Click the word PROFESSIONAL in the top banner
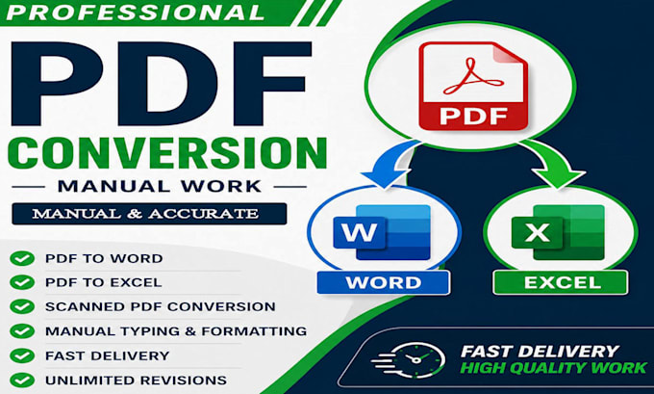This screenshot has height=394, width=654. coord(136,12)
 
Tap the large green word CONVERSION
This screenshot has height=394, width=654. coord(167,153)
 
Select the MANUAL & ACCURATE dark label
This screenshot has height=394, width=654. coord(149,214)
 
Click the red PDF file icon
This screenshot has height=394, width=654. coord(473,87)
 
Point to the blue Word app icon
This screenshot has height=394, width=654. coord(382,232)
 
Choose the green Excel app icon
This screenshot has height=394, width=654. coord(558,232)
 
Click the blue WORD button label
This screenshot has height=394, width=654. coord(384,282)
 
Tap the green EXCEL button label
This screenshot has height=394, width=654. coord(561,282)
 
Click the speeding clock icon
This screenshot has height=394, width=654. coord(409,359)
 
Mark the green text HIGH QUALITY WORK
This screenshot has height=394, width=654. coord(554,368)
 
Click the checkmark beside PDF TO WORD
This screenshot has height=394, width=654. coord(22,258)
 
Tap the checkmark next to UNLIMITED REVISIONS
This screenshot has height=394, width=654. coord(22,381)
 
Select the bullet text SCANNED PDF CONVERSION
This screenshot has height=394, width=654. coord(161,306)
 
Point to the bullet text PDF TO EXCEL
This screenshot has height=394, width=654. coord(104,282)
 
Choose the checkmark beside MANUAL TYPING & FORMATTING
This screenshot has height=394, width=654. coord(22,331)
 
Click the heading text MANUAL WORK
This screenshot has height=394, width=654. coord(160,186)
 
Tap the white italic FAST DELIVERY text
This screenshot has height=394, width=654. coord(540,351)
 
